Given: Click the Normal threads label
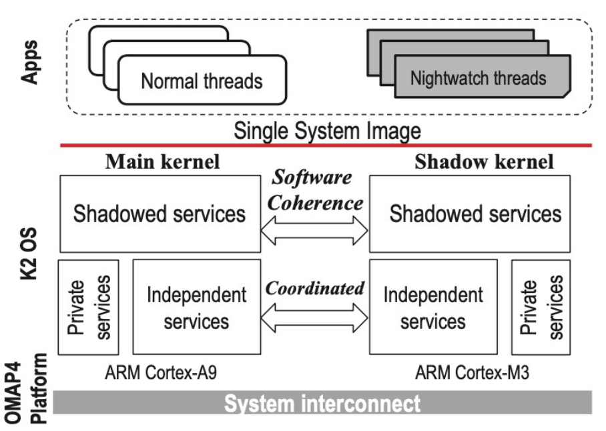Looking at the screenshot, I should (x=202, y=81).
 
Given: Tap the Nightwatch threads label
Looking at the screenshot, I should (x=478, y=79).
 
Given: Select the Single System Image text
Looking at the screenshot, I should (x=326, y=131).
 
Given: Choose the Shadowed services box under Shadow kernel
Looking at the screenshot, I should (x=475, y=213).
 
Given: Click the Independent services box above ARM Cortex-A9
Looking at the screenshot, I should (x=196, y=308).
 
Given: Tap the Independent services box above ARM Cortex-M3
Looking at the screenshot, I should (x=432, y=308).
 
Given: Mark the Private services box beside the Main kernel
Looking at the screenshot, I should (x=89, y=308).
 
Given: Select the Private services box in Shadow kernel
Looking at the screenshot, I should (x=541, y=308).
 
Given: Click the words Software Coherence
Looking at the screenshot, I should (x=313, y=191).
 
